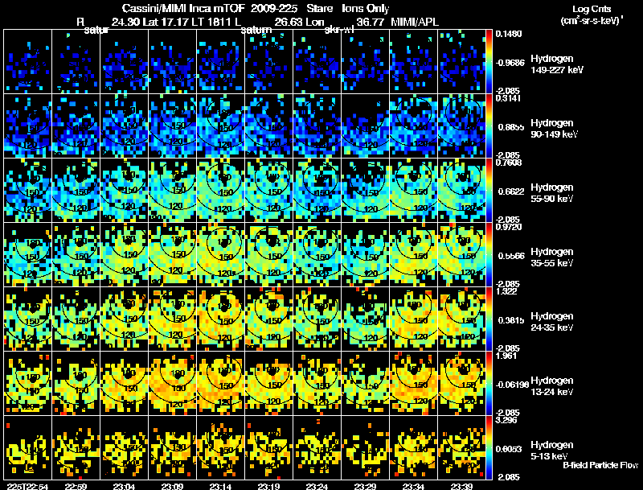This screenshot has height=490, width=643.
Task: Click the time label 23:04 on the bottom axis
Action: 125,485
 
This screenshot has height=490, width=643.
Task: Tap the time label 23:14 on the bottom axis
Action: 221,485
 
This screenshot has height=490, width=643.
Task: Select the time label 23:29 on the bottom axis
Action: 366,485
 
